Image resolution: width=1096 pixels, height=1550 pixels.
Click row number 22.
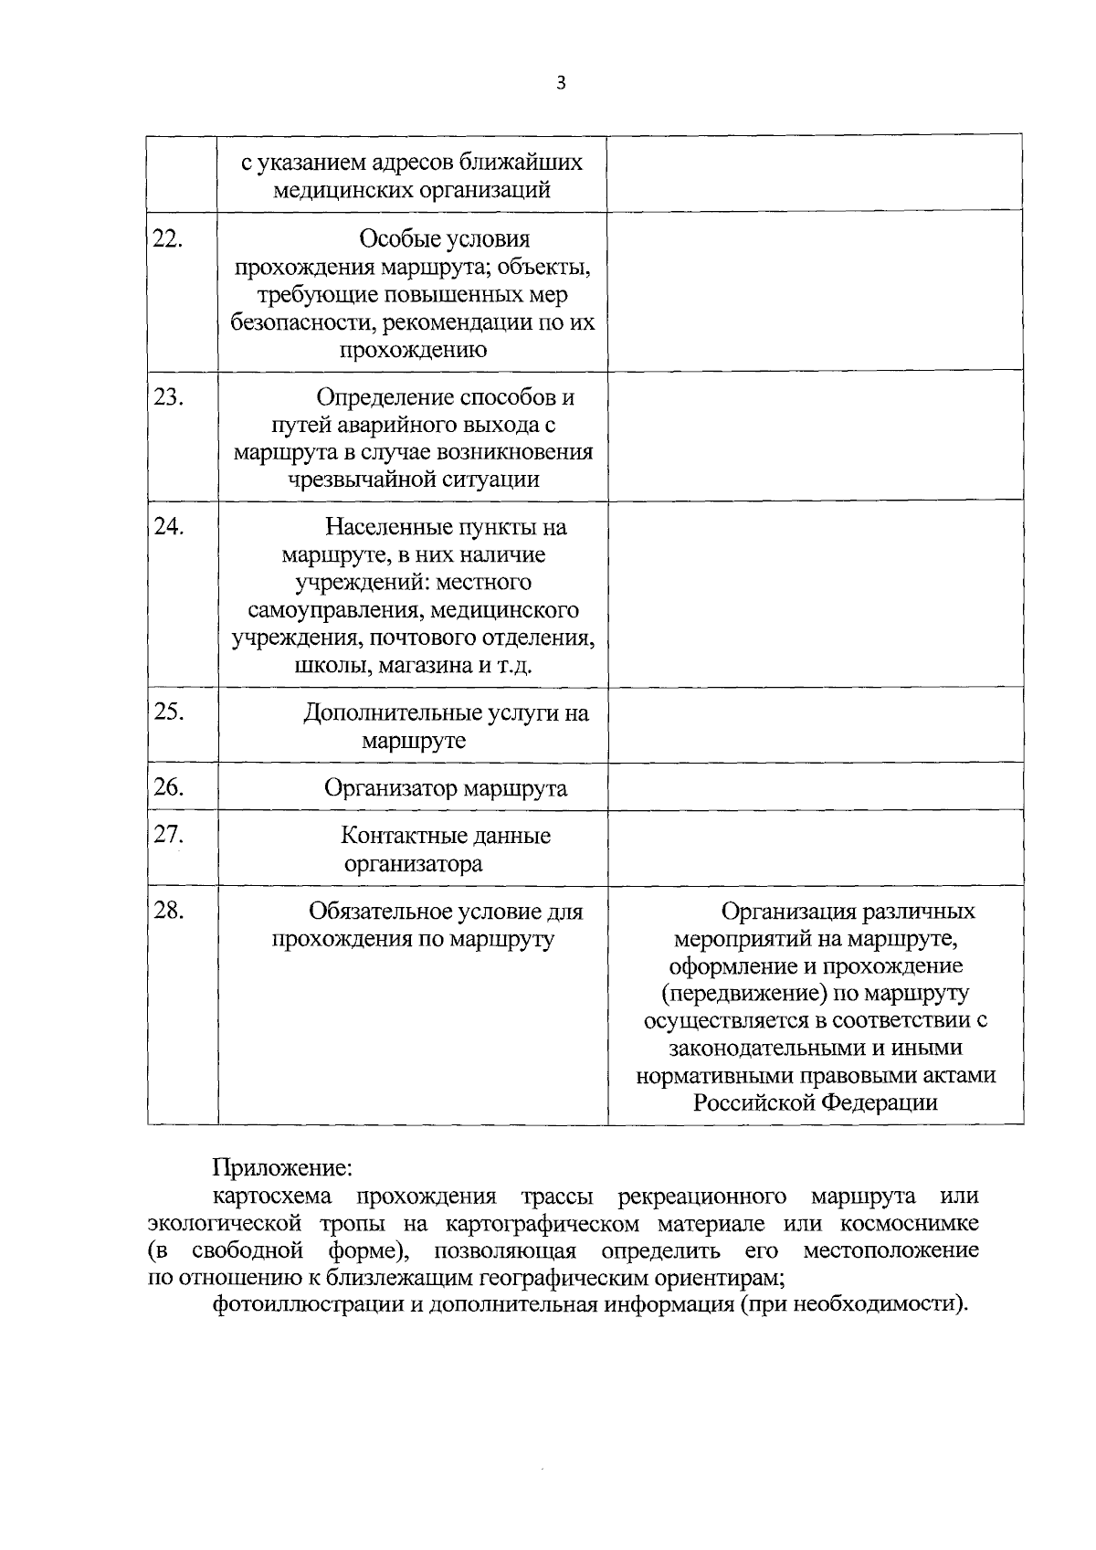[x=168, y=239]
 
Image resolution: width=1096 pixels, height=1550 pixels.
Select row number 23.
[x=168, y=398]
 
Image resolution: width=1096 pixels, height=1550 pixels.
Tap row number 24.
[x=168, y=527]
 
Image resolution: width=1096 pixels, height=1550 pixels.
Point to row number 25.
[x=168, y=712]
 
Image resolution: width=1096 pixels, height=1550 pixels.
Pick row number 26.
[x=168, y=787]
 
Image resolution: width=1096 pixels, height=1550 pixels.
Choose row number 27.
[x=168, y=835]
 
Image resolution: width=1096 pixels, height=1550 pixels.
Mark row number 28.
[x=168, y=911]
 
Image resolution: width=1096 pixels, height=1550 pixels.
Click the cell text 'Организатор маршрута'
[x=446, y=788]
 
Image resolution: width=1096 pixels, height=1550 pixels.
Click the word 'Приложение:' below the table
[x=281, y=1168]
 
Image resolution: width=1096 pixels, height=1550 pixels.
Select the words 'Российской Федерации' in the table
[x=815, y=1102]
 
